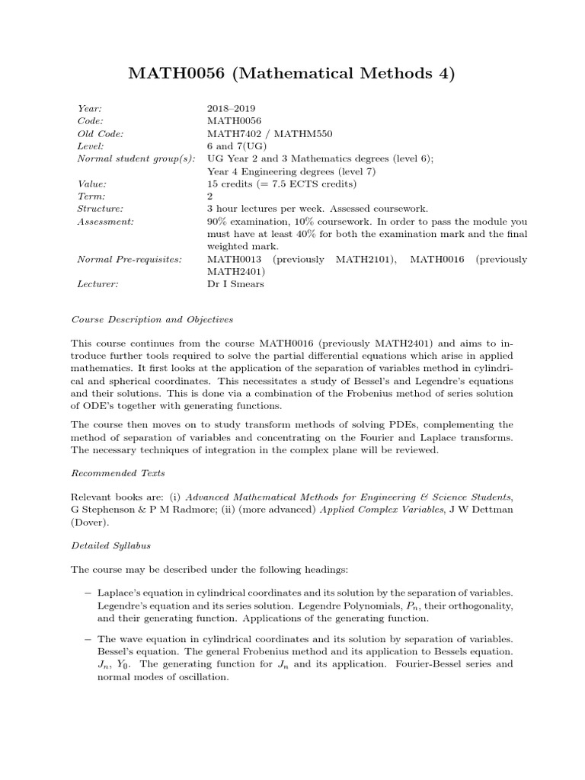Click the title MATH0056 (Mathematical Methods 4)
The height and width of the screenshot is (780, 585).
[x=292, y=74]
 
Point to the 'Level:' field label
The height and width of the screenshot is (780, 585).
[x=91, y=146]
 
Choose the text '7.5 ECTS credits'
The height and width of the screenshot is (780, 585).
[x=312, y=184]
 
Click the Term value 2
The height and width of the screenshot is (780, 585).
[x=210, y=197]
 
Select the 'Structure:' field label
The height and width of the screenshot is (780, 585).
[x=101, y=209]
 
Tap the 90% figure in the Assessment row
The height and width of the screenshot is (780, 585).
[x=219, y=222]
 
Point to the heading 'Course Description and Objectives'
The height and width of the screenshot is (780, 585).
[x=152, y=319]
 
